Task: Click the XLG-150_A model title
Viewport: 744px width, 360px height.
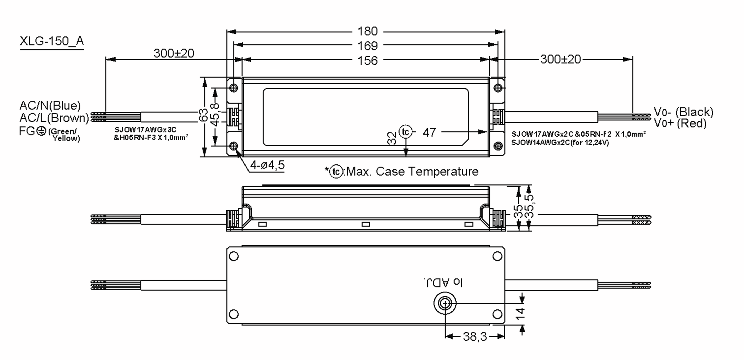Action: pos(51,41)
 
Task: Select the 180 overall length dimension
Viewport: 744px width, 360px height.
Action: pos(367,31)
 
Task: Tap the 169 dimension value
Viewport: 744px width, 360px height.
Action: pos(367,46)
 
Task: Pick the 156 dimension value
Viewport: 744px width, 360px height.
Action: pos(367,60)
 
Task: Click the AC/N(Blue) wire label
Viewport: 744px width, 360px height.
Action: pos(50,106)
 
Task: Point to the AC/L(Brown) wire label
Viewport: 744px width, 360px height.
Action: pos(54,118)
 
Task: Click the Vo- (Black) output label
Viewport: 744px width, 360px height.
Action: pos(683,112)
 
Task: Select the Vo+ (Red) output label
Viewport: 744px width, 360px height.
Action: pos(680,123)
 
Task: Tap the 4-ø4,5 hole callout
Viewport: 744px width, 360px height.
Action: pos(267,165)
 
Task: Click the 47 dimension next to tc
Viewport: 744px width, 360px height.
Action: pos(429,133)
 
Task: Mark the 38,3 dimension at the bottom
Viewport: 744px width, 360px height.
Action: pos(475,336)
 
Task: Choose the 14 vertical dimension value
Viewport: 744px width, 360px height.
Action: pos(521,313)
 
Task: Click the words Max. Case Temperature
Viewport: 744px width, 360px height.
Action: pos(412,171)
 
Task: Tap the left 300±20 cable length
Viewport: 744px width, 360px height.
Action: pos(174,53)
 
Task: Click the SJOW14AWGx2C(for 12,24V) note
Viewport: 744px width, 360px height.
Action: pos(560,143)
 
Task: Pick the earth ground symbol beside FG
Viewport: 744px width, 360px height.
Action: pos(41,131)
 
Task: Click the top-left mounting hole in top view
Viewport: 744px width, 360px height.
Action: pos(234,88)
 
